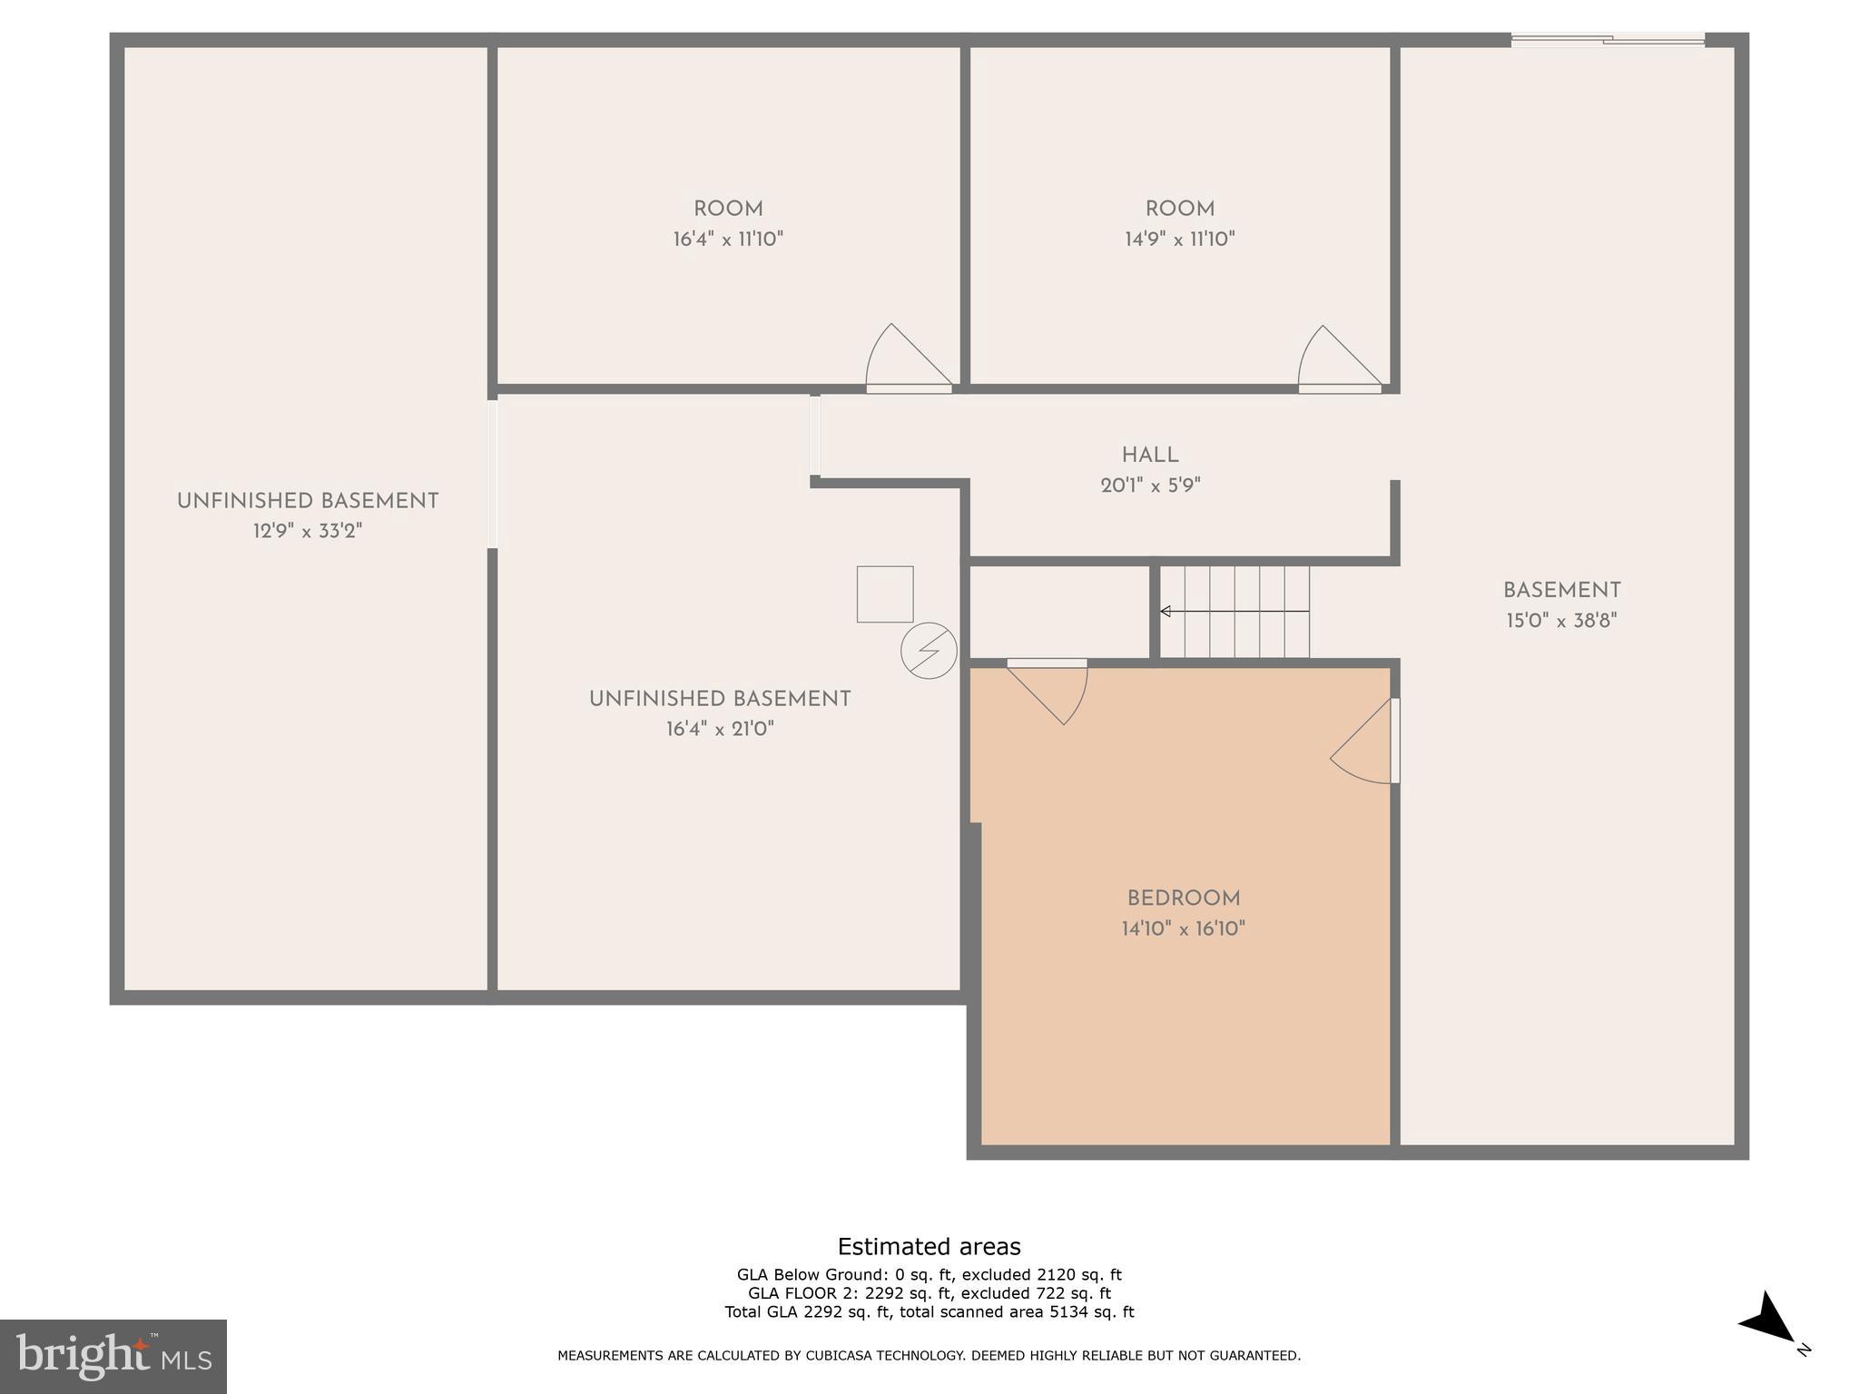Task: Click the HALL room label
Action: pos(1149,456)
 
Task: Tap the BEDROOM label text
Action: pos(1183,898)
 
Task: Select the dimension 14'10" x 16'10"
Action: pos(1183,928)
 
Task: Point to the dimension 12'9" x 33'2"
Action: pos(307,531)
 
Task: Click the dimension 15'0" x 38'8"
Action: pos(1561,621)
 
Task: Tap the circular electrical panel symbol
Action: pos(929,650)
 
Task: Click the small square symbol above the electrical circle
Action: pos(884,594)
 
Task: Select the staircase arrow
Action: pos(1234,612)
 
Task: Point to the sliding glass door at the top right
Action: pos(1607,39)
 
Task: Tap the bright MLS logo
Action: pos(113,1356)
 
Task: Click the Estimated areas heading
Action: pos(929,1246)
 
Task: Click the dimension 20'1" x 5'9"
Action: pos(1150,486)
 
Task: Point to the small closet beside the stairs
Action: pos(1059,612)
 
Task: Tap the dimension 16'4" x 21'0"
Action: pos(720,729)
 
